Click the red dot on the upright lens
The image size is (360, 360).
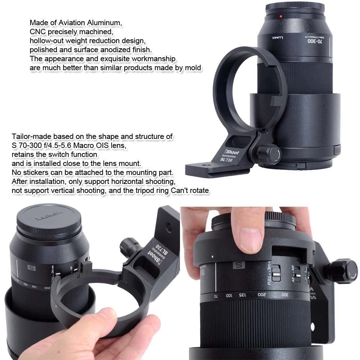point(280,17)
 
